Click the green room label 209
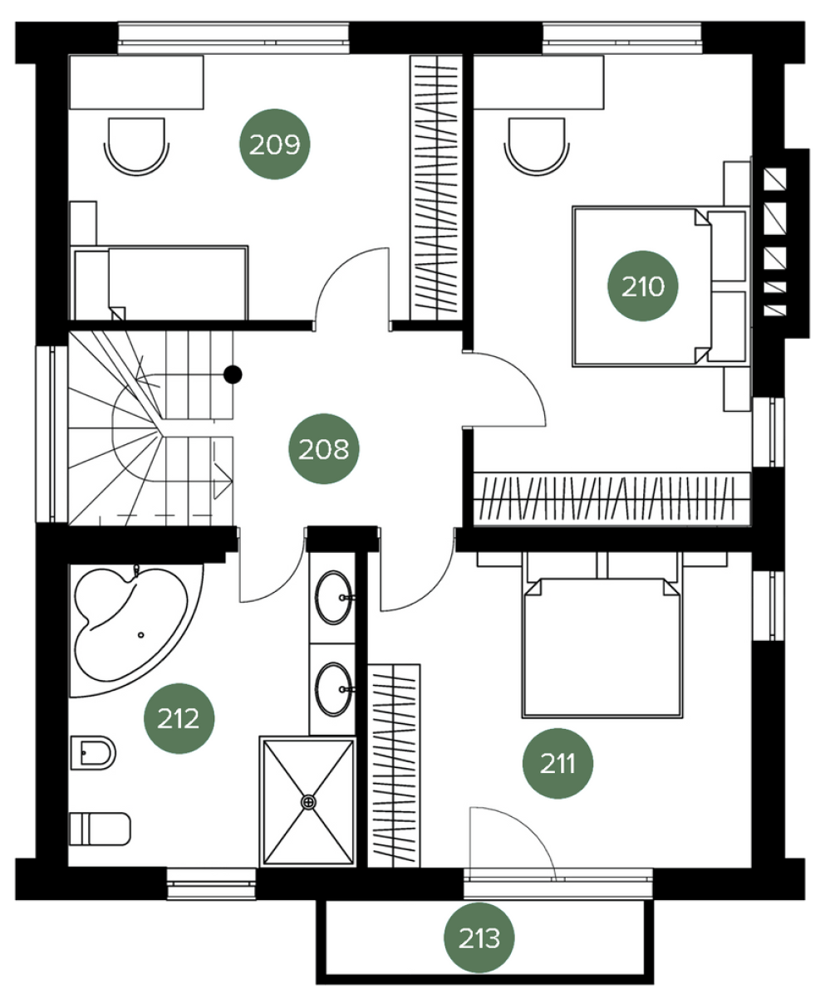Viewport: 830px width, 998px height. point(275,144)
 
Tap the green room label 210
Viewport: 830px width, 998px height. point(642,286)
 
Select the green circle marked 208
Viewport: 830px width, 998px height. point(324,449)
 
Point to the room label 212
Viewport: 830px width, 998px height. point(179,718)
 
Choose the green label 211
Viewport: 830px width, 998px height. point(557,763)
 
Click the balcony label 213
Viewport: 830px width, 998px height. point(479,937)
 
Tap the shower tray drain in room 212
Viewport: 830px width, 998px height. point(309,802)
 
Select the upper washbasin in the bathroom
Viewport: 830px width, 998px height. point(333,598)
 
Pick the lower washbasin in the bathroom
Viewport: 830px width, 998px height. point(333,689)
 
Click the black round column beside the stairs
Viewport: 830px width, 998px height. point(233,374)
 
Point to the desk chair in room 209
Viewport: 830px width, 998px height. point(137,146)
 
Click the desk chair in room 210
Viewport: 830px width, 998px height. point(537,146)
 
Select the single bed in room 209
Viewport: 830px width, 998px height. point(161,282)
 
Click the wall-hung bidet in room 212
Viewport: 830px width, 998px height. point(93,753)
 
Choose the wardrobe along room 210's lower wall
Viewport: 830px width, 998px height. point(611,499)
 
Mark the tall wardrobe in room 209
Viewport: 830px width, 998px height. point(436,188)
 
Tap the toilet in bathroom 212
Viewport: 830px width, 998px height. point(100,829)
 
